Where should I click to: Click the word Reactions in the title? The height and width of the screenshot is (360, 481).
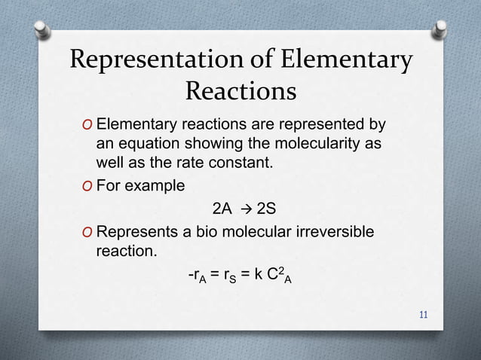coord(240,92)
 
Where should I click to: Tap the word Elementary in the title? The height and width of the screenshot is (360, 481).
coord(349,59)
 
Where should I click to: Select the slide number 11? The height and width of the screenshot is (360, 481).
coord(424,313)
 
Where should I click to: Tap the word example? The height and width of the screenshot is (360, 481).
coord(157,185)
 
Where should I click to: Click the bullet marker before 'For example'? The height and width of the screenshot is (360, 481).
coord(89,185)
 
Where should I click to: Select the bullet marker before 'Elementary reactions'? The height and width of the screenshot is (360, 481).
coord(89,124)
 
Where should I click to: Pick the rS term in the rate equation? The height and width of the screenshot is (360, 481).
coord(227,276)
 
